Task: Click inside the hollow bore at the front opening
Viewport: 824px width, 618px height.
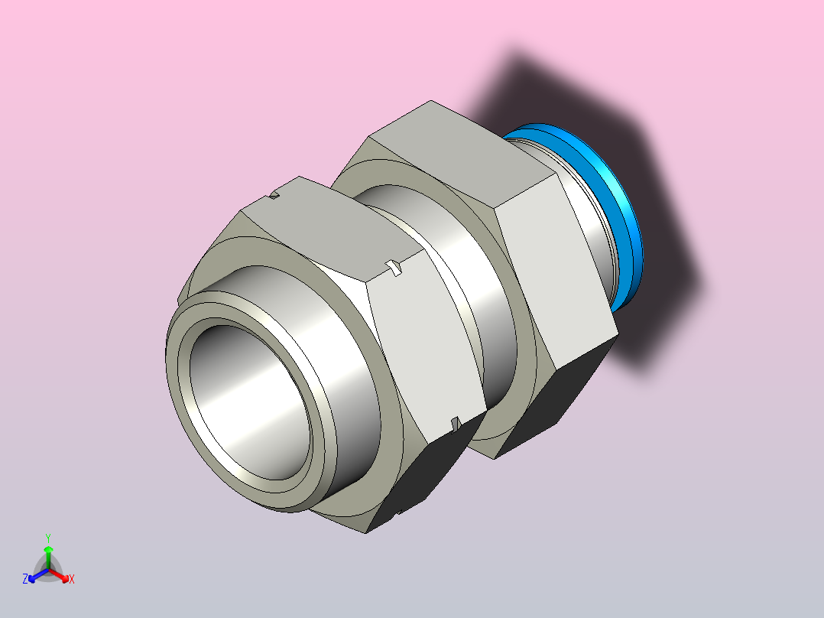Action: point(247,400)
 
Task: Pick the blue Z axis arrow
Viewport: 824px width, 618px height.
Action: point(38,576)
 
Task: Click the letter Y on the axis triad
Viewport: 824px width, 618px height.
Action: point(48,538)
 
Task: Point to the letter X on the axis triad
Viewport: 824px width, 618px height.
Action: point(72,579)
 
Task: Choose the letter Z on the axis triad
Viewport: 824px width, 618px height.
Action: point(25,579)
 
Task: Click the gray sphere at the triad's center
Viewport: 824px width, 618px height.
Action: point(48,570)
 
